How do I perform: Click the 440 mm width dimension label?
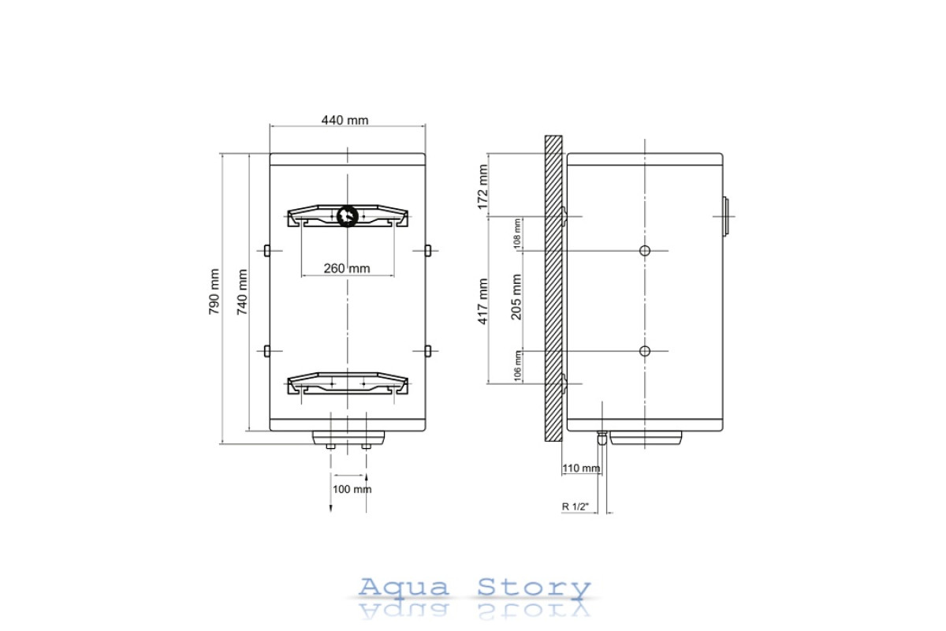pyautogui.click(x=345, y=121)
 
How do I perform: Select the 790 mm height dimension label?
pyautogui.click(x=214, y=292)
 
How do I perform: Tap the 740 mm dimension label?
pyautogui.click(x=242, y=292)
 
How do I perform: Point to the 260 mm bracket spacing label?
pyautogui.click(x=347, y=268)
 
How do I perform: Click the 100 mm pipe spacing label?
pyautogui.click(x=352, y=489)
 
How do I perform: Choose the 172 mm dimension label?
pyautogui.click(x=482, y=187)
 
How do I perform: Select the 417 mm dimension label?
pyautogui.click(x=482, y=301)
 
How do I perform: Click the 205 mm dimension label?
pyautogui.click(x=516, y=297)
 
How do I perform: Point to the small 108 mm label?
pyautogui.click(x=517, y=233)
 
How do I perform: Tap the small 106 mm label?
pyautogui.click(x=517, y=366)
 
